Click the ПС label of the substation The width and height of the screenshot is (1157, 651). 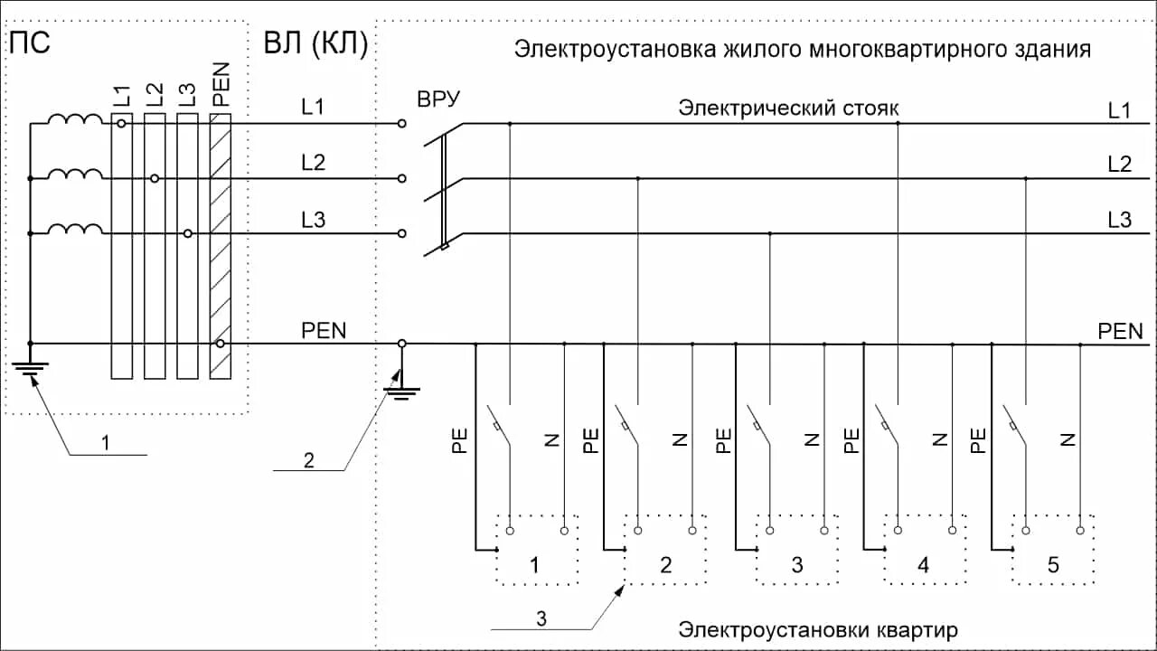pos(29,43)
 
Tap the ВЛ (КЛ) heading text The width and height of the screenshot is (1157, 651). pos(315,44)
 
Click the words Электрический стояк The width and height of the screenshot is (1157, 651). pos(788,108)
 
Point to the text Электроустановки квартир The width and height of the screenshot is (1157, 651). pos(818,629)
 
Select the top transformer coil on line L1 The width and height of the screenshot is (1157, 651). pos(75,120)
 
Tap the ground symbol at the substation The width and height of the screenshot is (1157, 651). pos(31,366)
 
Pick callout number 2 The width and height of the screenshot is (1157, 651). pos(308,460)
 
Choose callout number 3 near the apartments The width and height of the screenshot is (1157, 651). pos(541,618)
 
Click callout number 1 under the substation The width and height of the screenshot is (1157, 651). pos(106,443)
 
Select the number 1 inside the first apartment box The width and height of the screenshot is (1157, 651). pos(534,567)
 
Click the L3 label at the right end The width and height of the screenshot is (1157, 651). pos(1119,220)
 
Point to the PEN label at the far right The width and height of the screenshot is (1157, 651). pos(1126,331)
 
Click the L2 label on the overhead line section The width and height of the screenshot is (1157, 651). pos(314,163)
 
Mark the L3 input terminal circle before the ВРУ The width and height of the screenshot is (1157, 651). pos(401,233)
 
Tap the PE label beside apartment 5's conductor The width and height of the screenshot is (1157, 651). pos(977,440)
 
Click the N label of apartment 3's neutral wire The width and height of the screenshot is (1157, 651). pos(811,440)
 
